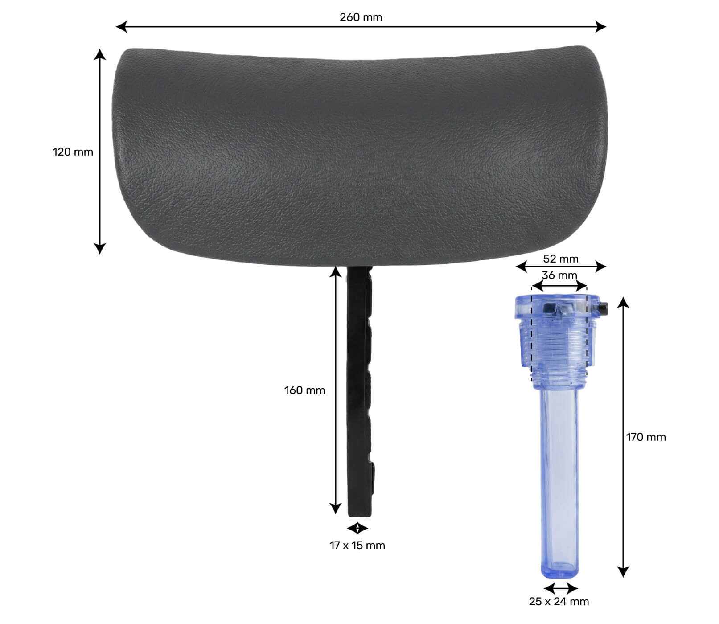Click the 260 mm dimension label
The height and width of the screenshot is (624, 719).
361,17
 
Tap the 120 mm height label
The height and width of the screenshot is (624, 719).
73,152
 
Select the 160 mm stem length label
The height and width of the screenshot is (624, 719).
305,390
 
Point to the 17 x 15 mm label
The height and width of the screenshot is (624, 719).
357,546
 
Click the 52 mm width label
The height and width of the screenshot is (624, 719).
561,259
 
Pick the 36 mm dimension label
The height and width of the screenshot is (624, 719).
559,275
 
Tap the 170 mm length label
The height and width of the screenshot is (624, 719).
646,437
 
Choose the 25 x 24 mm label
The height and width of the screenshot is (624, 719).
559,602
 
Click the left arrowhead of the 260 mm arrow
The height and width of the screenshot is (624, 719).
121,27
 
